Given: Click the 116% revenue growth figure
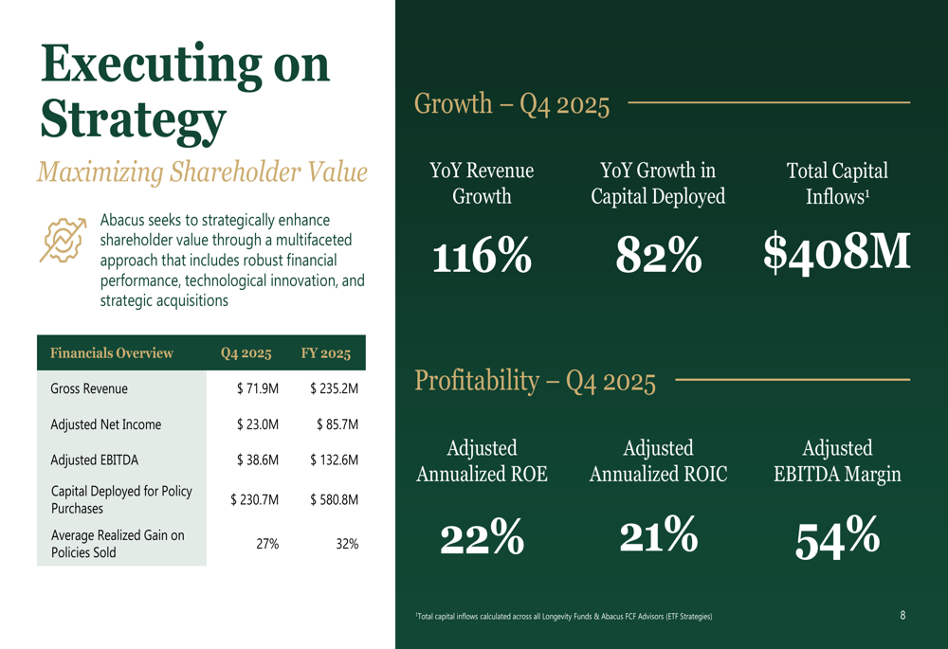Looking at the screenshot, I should coord(482,257).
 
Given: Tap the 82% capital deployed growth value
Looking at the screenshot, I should coord(658,255).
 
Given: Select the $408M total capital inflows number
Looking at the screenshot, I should coord(837,253).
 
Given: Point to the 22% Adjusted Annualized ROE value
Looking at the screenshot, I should coord(482,538).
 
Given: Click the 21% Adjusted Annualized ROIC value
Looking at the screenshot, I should coord(658,536).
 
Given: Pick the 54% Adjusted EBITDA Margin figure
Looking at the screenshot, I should coord(837,539).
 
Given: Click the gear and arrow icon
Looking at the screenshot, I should coord(63,239).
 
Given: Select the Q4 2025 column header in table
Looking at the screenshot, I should coord(246,353).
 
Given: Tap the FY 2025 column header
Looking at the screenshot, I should coord(326,353).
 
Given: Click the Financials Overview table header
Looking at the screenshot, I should coord(112,353).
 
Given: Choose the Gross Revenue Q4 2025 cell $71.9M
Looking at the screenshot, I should coord(257,389).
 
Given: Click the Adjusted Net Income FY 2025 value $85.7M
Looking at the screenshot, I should coord(337,425).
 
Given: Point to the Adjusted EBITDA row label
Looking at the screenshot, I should coord(95,460).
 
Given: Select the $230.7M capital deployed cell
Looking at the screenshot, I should coord(254,499).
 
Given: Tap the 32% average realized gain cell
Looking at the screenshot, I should coord(347,544).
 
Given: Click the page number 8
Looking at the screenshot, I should coord(902,616).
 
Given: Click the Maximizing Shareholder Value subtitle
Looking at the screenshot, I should coord(202,172).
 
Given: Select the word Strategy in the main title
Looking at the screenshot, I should coord(133,117).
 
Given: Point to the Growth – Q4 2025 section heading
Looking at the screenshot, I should coord(512,103).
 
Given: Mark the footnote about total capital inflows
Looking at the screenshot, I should coord(564,617).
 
